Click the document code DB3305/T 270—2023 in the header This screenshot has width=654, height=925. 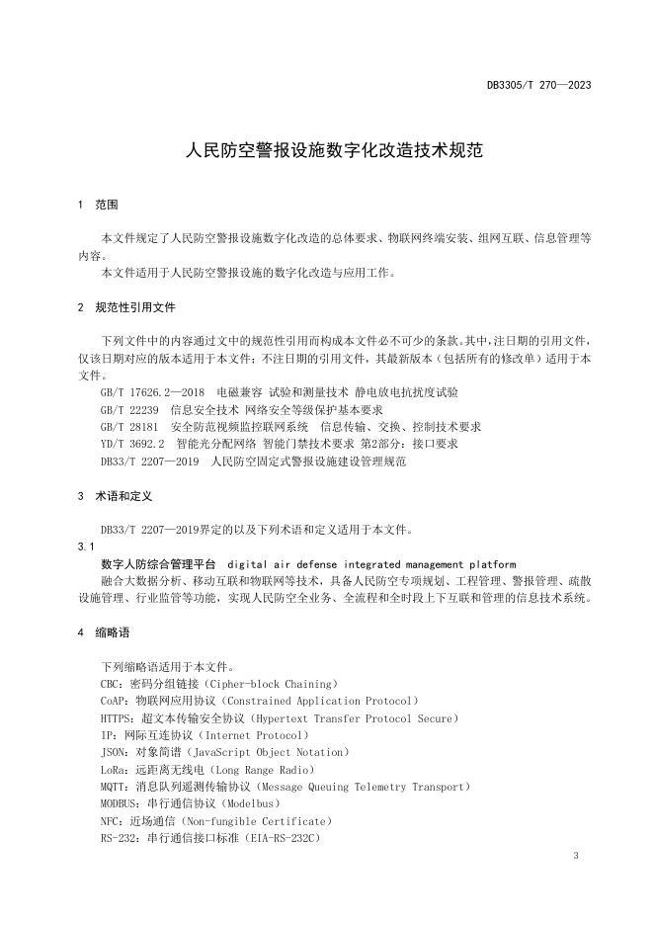pyautogui.click(x=538, y=85)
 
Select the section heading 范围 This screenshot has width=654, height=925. pyautogui.click(x=107, y=205)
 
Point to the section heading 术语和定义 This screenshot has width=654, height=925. pyautogui.click(x=123, y=494)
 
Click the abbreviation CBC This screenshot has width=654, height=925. pyautogui.click(x=111, y=683)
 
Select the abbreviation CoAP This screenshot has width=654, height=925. pyautogui.click(x=114, y=700)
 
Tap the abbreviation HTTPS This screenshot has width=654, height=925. pyautogui.click(x=117, y=717)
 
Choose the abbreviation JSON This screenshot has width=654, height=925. pyautogui.click(x=113, y=752)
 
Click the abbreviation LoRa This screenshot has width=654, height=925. pyautogui.click(x=113, y=769)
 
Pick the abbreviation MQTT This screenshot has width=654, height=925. pyautogui.click(x=113, y=787)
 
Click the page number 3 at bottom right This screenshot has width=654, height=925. pyautogui.click(x=574, y=856)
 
